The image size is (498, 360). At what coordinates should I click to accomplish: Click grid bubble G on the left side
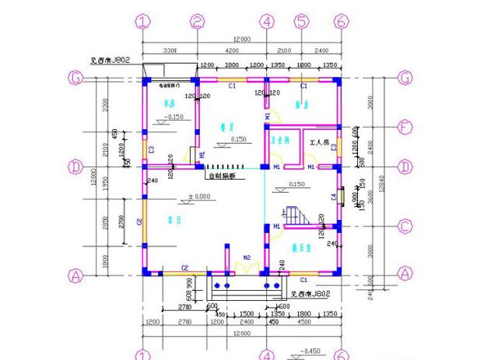click(x=76, y=79)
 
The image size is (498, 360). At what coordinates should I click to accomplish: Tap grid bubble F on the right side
click(x=405, y=124)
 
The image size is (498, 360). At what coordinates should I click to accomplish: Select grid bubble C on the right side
click(x=405, y=226)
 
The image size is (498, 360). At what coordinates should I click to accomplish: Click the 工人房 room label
click(x=321, y=143)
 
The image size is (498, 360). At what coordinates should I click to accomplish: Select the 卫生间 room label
click(x=280, y=142)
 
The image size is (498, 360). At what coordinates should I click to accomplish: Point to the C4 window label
click(x=335, y=198)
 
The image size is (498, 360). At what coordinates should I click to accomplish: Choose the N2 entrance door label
click(x=247, y=258)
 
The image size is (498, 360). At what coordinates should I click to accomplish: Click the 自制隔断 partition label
click(x=219, y=176)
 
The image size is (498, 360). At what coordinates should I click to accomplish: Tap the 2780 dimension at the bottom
click(x=184, y=309)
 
